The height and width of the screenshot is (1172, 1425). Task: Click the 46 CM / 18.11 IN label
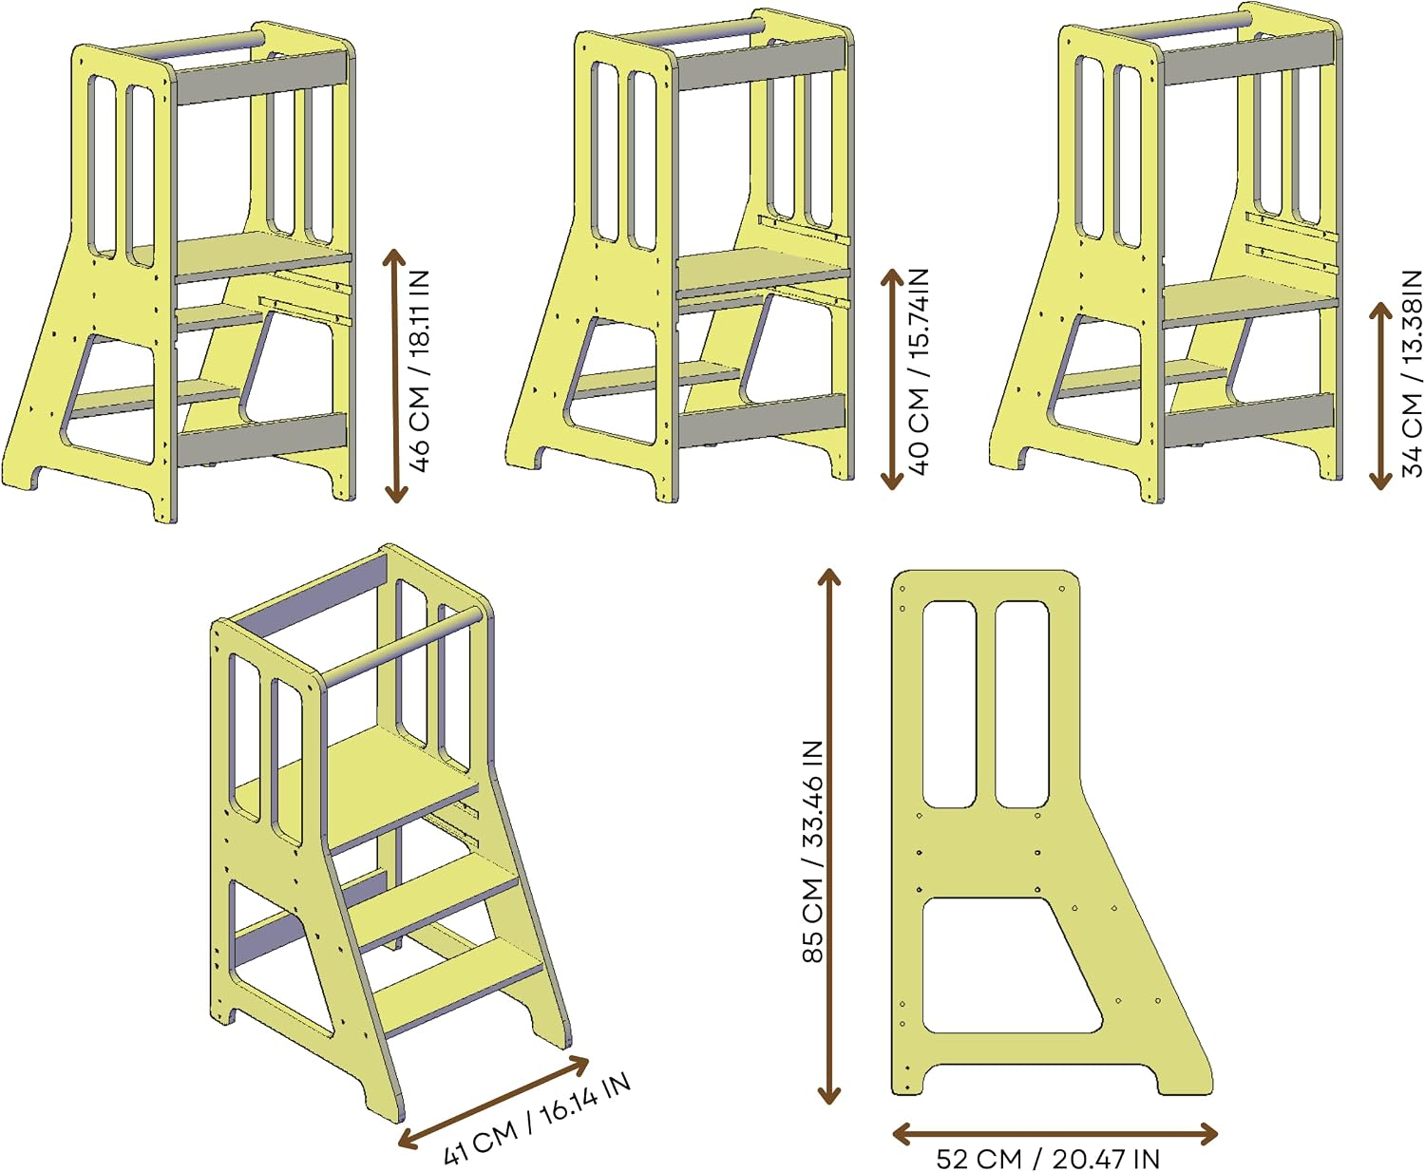[420, 370]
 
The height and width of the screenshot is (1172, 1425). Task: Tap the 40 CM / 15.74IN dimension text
[919, 371]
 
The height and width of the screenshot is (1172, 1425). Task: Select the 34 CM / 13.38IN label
[1412, 373]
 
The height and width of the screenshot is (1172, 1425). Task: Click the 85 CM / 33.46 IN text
[813, 852]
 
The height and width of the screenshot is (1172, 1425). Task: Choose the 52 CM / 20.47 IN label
[1047, 1159]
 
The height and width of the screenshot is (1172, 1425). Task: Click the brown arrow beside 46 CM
[395, 376]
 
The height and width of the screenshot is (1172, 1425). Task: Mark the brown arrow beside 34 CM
[1380, 395]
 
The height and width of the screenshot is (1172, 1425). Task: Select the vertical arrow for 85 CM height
[829, 837]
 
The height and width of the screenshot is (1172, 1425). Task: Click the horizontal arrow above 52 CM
[1054, 1133]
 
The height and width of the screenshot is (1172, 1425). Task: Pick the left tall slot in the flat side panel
[949, 704]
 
